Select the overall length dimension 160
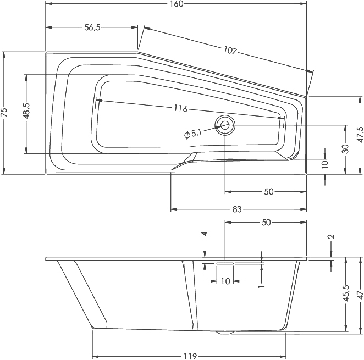click(x=177, y=4)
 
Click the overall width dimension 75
click(x=5, y=113)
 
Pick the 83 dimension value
click(x=238, y=209)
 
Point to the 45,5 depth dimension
click(x=345, y=294)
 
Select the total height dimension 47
click(x=359, y=295)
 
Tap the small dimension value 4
click(x=205, y=234)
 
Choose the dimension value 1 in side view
click(x=262, y=286)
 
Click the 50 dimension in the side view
click(x=266, y=223)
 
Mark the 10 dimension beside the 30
click(x=324, y=163)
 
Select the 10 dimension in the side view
click(x=224, y=281)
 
